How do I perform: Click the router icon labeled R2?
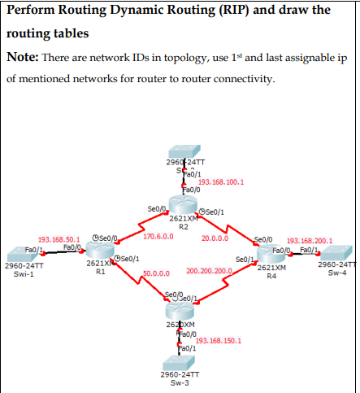pyautogui.click(x=183, y=204)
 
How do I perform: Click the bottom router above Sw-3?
pyautogui.click(x=180, y=309)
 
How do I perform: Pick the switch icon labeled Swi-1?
pyautogui.click(x=24, y=252)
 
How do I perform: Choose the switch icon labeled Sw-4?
pyautogui.click(x=336, y=252)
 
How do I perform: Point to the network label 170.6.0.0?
pyautogui.click(x=158, y=237)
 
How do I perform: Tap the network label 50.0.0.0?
pyautogui.click(x=155, y=273)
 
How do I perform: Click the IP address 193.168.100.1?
pyautogui.click(x=221, y=181)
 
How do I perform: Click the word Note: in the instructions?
pyautogui.click(x=24, y=57)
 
